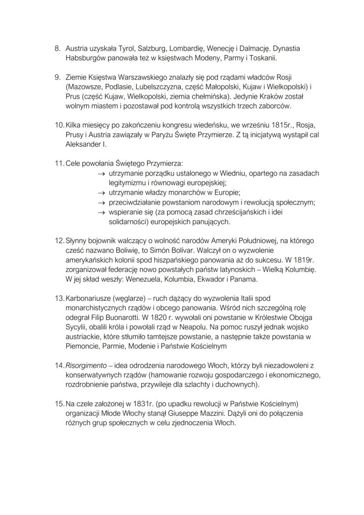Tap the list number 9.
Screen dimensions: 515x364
pos(58,77)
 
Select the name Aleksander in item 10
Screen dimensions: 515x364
pos(82,144)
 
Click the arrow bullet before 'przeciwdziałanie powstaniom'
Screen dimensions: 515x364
pos(101,203)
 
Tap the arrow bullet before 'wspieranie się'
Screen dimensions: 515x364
pos(101,212)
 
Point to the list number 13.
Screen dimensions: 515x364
pos(59,299)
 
